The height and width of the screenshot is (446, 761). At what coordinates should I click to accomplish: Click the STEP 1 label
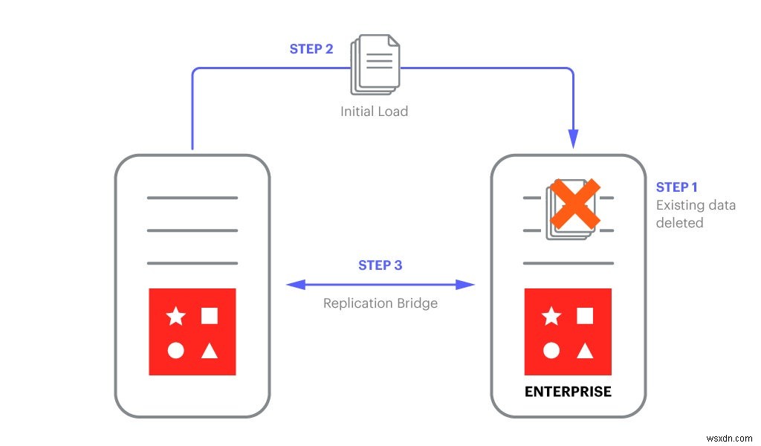(x=676, y=187)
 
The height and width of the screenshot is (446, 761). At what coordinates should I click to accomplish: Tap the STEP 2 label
(x=311, y=49)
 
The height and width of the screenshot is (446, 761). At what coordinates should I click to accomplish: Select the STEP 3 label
(x=380, y=265)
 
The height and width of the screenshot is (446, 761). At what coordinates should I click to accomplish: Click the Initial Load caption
(x=374, y=111)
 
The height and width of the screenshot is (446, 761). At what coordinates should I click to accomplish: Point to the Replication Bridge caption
(x=380, y=303)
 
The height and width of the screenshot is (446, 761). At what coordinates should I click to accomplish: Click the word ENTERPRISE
(x=568, y=391)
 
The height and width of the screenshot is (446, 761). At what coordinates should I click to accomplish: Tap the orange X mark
(x=575, y=203)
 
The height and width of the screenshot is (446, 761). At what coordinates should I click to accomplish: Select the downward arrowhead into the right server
(x=573, y=138)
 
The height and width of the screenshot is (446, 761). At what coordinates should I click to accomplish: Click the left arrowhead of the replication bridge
(x=296, y=284)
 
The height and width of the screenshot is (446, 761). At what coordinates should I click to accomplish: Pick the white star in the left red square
(x=175, y=317)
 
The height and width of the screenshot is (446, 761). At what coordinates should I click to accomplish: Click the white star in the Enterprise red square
(x=551, y=317)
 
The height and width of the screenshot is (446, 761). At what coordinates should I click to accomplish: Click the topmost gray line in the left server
(x=192, y=198)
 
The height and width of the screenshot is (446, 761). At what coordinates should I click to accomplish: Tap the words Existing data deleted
(x=695, y=213)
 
